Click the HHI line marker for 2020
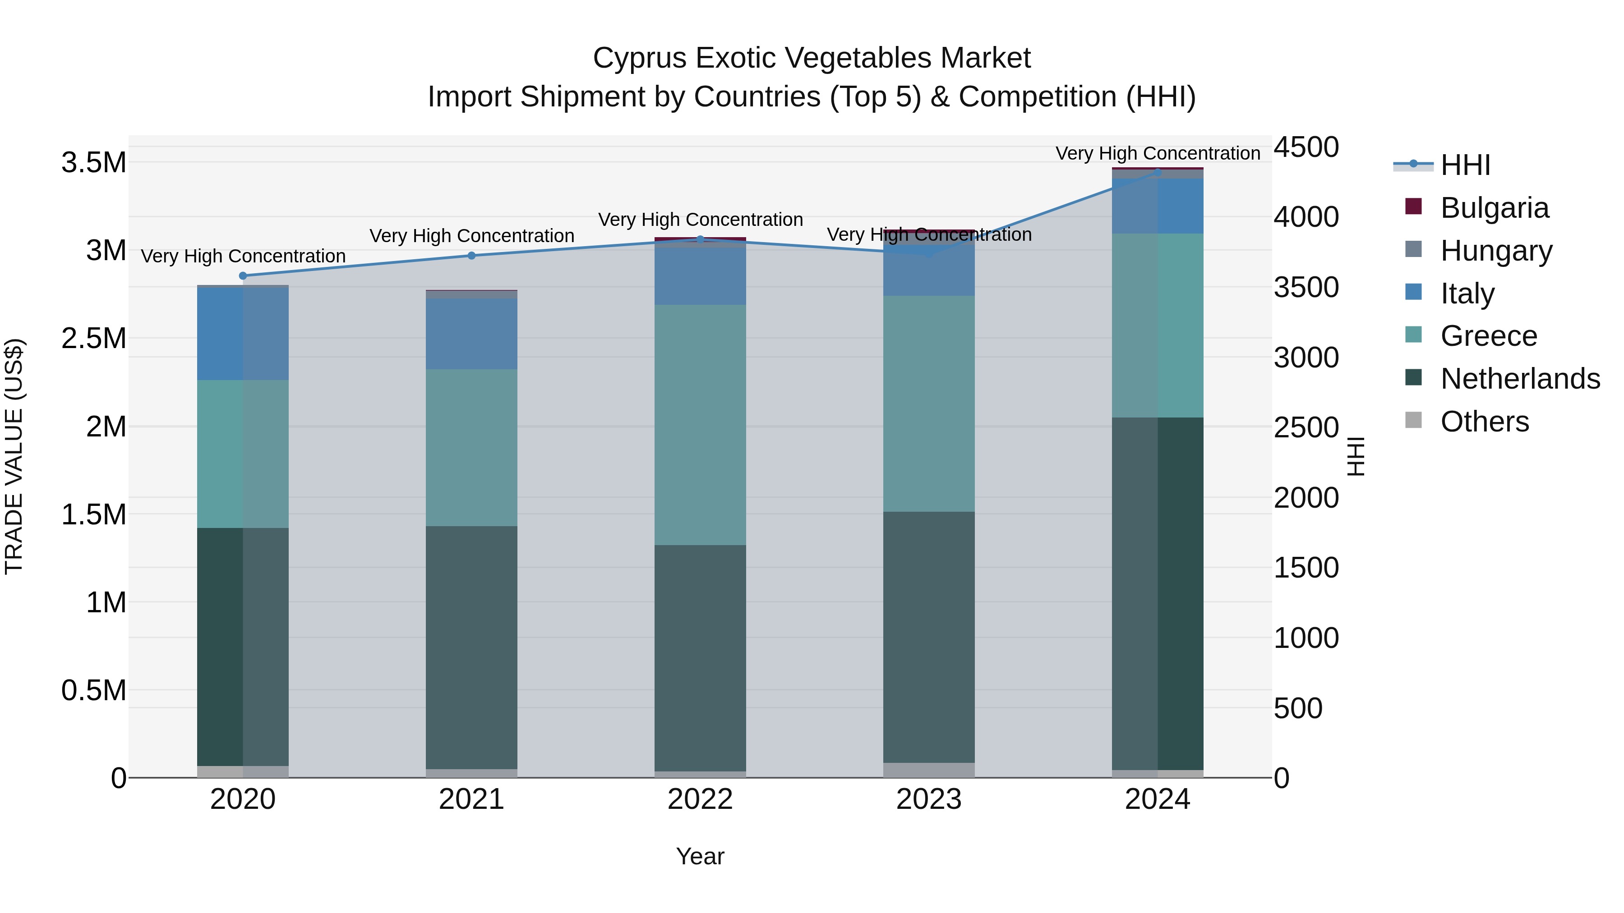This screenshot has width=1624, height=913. [x=243, y=276]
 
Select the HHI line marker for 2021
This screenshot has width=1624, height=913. [x=471, y=256]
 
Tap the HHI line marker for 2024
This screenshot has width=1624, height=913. [x=1158, y=171]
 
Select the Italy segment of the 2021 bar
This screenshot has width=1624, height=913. [x=471, y=334]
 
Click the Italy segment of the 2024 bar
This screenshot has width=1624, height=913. [x=1158, y=206]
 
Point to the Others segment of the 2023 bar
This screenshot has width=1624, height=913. [x=929, y=770]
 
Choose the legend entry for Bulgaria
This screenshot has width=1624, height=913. [x=1494, y=208]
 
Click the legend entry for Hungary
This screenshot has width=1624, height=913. [x=1496, y=251]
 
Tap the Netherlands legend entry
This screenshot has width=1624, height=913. [x=1520, y=379]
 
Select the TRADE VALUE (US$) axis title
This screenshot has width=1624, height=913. [x=14, y=456]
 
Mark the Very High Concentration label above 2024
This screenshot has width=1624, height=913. [x=1158, y=153]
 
